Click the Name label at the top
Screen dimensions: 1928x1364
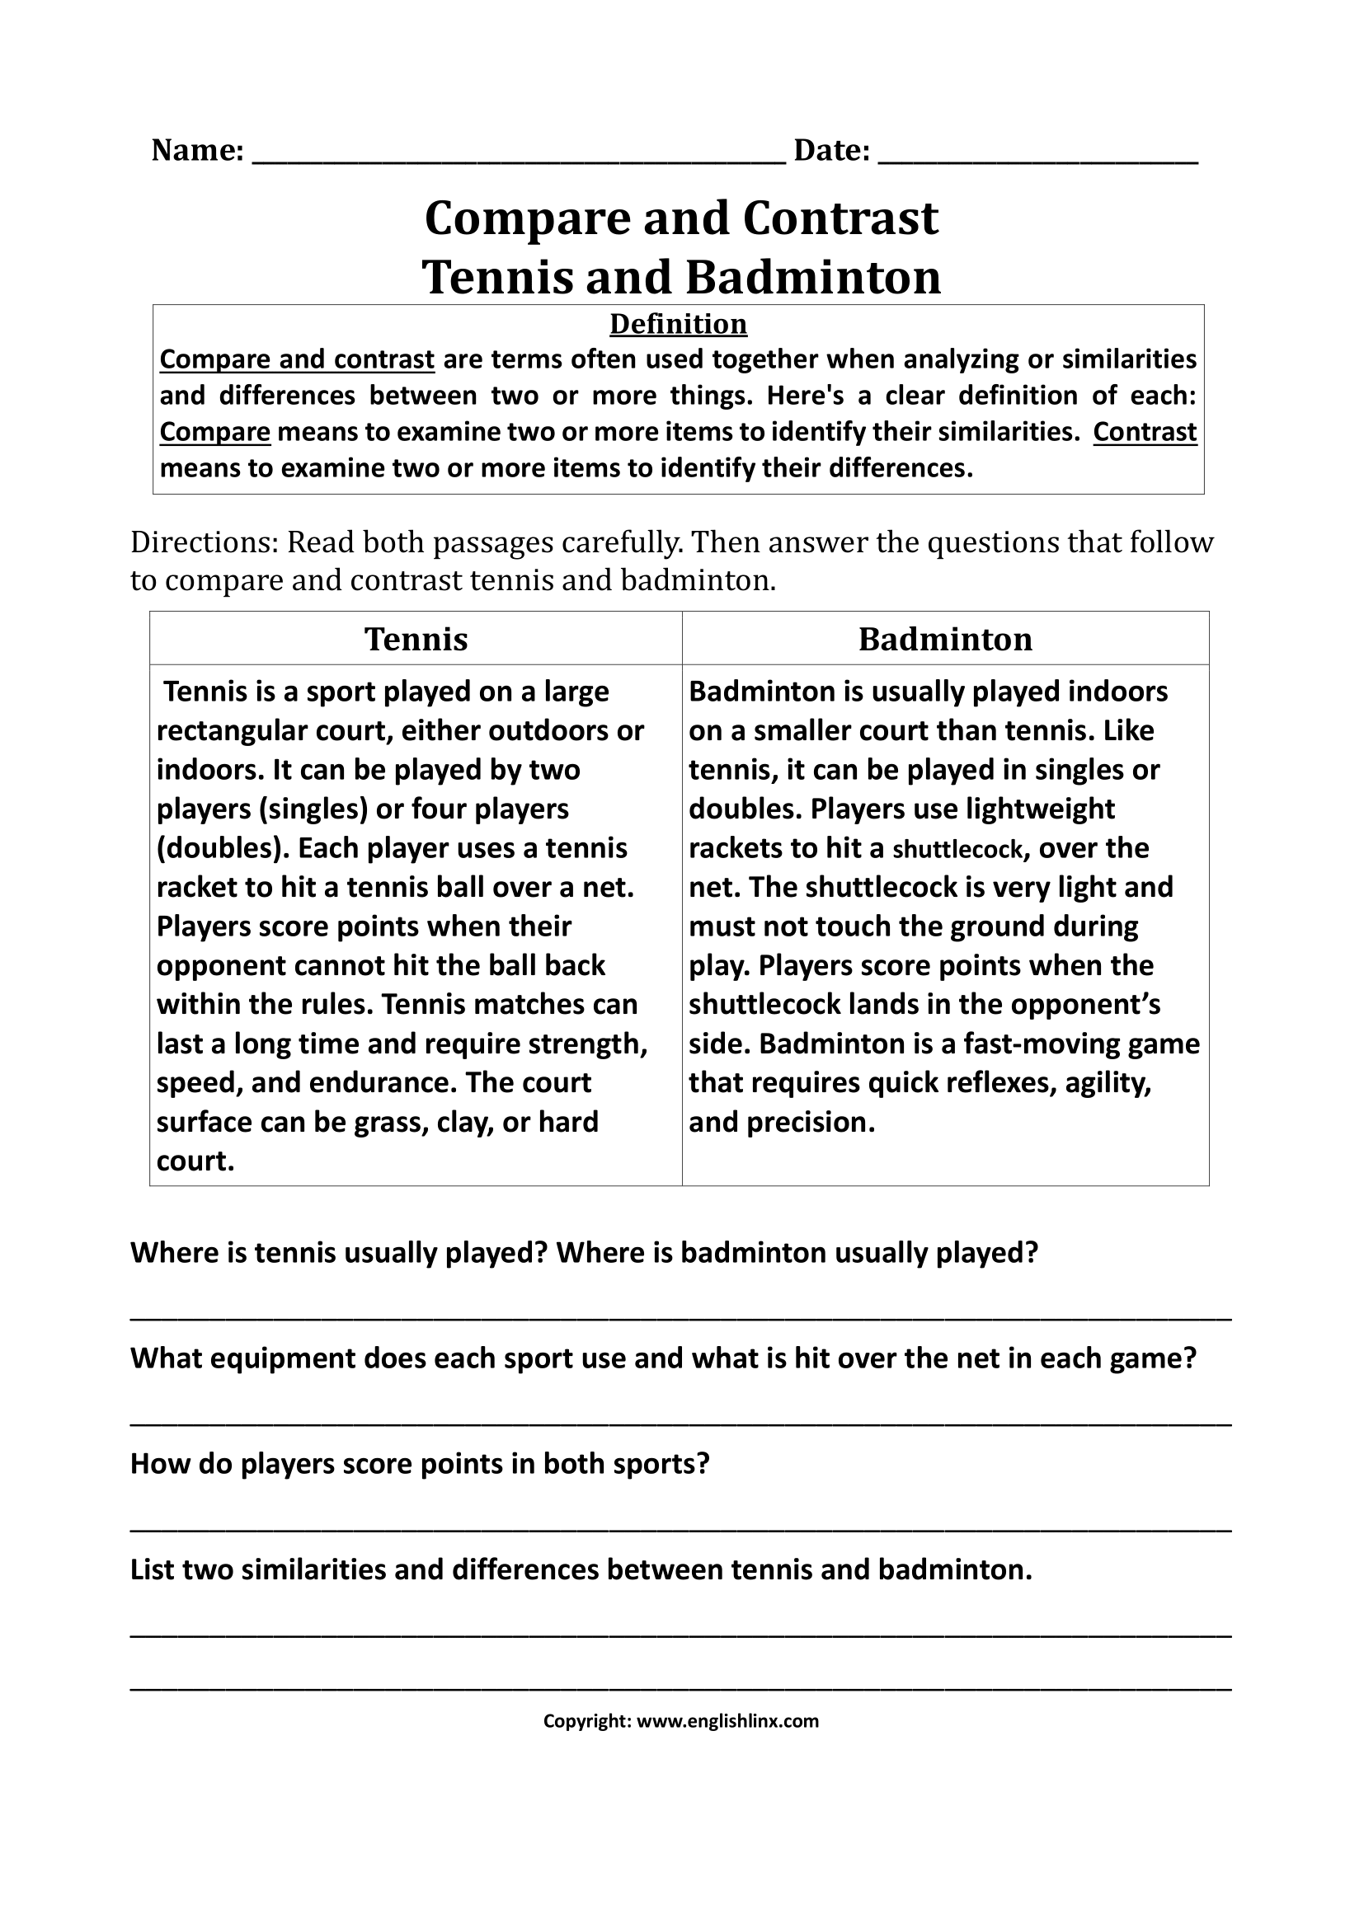(197, 150)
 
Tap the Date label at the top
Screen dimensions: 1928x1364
(831, 150)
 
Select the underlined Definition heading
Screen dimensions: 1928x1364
(678, 324)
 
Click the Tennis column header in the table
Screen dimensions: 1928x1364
(416, 639)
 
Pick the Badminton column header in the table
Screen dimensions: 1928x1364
(945, 639)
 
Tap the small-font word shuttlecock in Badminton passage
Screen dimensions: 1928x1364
(957, 849)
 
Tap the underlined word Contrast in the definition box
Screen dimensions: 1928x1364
(1144, 432)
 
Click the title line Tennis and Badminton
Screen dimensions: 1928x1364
(681, 277)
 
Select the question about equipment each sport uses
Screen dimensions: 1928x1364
(663, 1358)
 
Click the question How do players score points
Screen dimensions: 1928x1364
(420, 1464)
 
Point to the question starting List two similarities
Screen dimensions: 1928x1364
(581, 1569)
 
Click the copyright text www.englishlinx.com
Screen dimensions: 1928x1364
(727, 1721)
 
